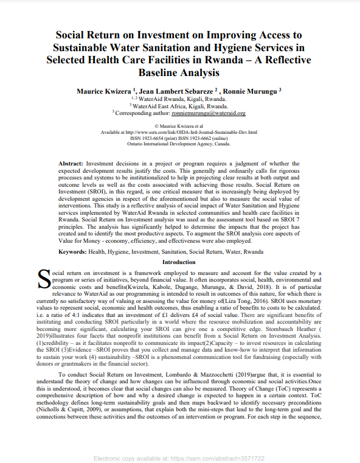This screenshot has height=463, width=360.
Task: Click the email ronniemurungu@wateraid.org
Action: [x=209, y=113]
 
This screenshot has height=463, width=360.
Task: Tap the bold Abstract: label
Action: [x=71, y=164]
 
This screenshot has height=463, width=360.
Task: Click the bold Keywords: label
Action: [x=77, y=251]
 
